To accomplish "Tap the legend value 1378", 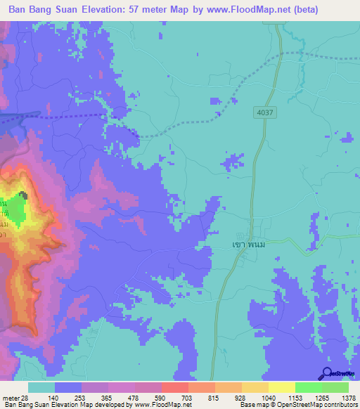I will pos(349,397).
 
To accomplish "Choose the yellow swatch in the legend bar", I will pos(281,387).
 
